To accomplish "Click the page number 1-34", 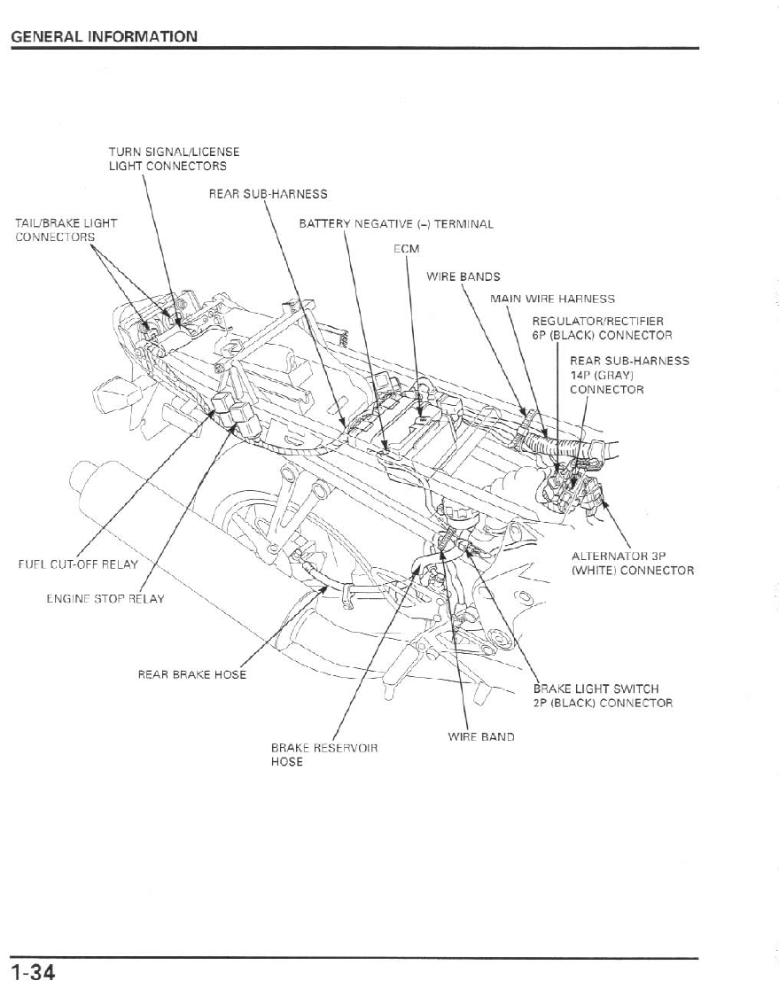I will click(34, 973).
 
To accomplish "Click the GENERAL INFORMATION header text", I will click(104, 36).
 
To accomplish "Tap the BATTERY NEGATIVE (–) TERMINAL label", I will click(395, 224).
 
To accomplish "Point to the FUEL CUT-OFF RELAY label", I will click(78, 564).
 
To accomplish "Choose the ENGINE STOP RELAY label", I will click(105, 599).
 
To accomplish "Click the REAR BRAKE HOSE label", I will click(191, 674).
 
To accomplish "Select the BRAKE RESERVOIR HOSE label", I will click(323, 755).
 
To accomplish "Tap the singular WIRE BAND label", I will click(480, 736).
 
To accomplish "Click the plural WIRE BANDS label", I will click(463, 276).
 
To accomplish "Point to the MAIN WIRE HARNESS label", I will click(551, 299).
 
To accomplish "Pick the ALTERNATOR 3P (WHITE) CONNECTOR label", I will click(632, 564).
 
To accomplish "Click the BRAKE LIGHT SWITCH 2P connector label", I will click(602, 696).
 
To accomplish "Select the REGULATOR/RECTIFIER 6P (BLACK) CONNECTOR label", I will click(601, 328).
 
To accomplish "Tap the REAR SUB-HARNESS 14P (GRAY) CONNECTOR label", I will click(628, 375).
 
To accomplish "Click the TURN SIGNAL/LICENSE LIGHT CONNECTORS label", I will click(174, 159).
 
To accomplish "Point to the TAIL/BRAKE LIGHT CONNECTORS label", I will click(66, 230).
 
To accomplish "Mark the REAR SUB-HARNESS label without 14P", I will click(268, 194).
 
